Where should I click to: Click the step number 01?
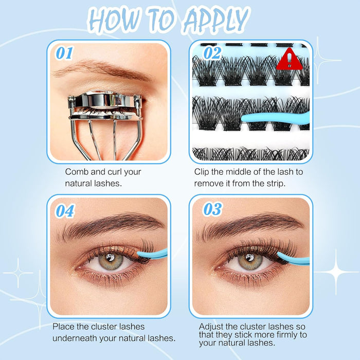64,53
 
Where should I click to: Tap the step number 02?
212,53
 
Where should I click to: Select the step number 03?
212,209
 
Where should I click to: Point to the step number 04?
65,211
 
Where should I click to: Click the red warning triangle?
289,59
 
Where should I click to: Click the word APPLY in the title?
217,19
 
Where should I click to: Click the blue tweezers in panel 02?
276,118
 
